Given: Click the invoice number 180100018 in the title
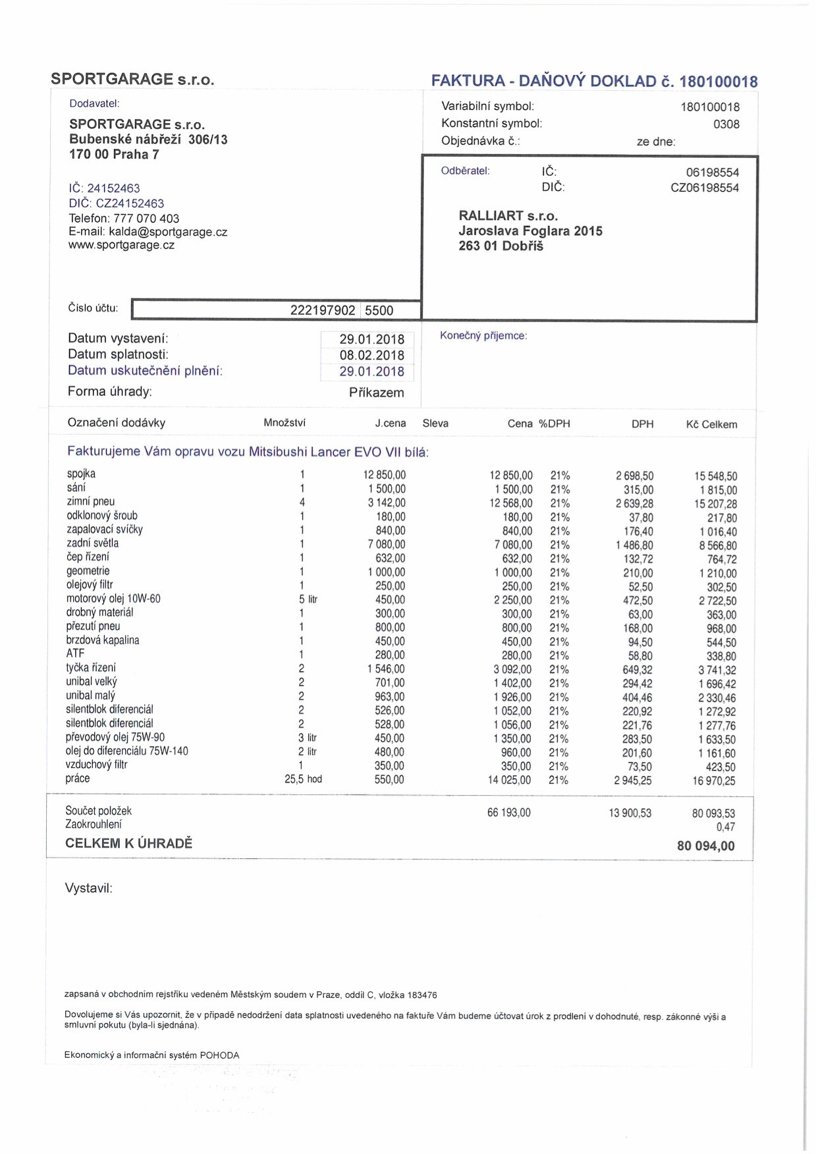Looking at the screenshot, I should (718, 82).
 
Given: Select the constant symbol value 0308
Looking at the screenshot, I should (726, 124).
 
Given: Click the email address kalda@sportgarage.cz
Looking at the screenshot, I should (168, 232).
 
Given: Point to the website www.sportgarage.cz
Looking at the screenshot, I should (122, 245).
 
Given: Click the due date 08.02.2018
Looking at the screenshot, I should (371, 355).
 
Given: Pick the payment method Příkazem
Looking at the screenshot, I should (376, 393).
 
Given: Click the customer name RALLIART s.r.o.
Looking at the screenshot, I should (508, 216).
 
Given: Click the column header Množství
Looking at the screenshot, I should (285, 423).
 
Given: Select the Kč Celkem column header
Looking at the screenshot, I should (711, 425).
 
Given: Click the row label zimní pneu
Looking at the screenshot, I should (90, 502).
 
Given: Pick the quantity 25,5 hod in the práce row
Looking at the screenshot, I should (303, 779).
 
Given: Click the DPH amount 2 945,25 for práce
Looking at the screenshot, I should (632, 781).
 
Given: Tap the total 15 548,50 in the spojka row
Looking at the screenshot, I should (715, 476).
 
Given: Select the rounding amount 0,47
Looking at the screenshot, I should (725, 827).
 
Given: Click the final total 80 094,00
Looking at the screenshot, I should (705, 846).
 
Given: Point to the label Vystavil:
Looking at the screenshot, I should (88, 889).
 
